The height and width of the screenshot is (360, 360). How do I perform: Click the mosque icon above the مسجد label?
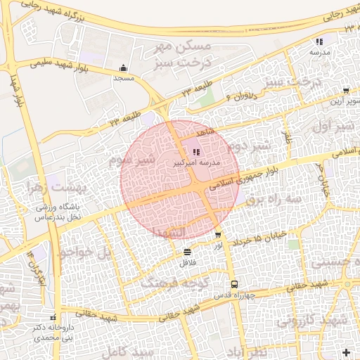[124, 68]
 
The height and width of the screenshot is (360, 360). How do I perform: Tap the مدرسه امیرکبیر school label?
[197, 162]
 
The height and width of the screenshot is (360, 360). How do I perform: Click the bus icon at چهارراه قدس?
[233, 285]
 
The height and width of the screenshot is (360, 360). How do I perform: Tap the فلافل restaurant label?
[186, 262]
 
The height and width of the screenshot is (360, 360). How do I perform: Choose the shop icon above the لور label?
[218, 235]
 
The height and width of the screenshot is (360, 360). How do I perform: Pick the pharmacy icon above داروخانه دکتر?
[53, 318]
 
